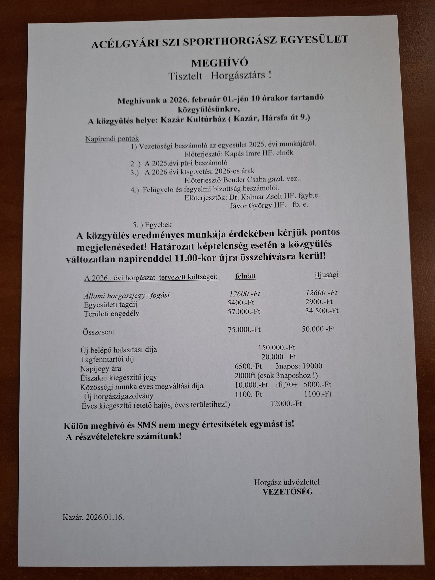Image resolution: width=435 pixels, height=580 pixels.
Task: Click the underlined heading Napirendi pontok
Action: point(112,139)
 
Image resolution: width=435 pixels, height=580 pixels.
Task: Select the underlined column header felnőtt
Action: point(245,276)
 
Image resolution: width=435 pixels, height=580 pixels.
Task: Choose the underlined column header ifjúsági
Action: point(327,275)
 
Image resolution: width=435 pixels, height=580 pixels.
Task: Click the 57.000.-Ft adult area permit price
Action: point(244,312)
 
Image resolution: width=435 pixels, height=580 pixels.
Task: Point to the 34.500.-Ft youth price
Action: point(322,311)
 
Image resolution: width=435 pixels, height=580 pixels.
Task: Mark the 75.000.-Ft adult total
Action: point(244,329)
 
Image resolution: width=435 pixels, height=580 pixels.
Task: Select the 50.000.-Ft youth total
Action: point(318,329)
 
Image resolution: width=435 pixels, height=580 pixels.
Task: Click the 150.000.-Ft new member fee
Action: point(276,347)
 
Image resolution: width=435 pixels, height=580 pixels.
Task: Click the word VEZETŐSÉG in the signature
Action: point(288,492)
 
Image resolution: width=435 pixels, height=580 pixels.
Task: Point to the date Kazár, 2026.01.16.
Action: point(93,517)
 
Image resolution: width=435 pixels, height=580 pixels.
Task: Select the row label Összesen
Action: point(98,332)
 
